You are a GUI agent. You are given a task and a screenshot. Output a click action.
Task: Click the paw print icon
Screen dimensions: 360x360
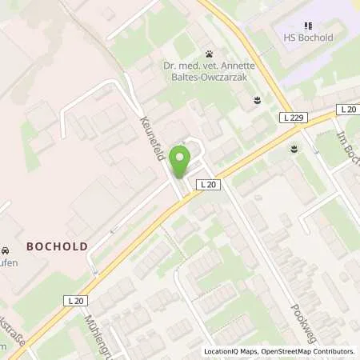[x=209, y=54]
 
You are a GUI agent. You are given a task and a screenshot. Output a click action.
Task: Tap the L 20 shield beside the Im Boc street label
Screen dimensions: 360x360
[x=346, y=109]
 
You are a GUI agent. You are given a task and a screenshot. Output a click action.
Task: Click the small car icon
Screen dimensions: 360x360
[x=5, y=250]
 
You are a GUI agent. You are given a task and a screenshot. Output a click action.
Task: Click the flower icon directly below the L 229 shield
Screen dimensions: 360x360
[x=295, y=149]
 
